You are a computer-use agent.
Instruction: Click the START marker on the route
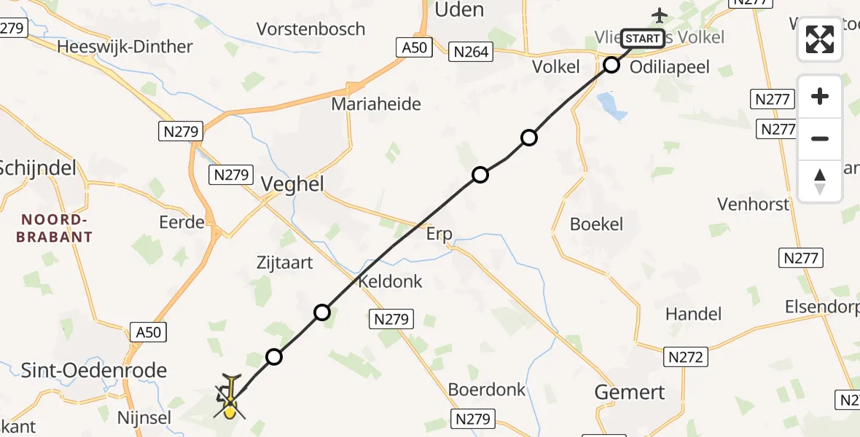tap(643, 38)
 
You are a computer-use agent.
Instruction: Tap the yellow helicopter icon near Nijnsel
tap(230, 398)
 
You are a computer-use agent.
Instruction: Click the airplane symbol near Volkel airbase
tap(660, 14)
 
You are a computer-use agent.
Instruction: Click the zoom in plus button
tap(820, 96)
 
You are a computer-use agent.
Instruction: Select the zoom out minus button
tap(820, 138)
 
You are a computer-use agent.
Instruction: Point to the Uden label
tap(459, 9)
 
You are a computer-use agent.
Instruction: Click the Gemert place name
tap(630, 392)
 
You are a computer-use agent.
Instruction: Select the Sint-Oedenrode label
tap(94, 370)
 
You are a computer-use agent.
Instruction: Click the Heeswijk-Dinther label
tap(125, 47)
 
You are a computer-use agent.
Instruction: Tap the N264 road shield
tap(471, 51)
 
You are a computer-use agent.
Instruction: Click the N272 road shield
tap(685, 356)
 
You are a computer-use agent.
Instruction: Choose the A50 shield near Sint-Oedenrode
tap(149, 332)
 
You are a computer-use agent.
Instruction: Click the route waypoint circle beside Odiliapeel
tap(611, 66)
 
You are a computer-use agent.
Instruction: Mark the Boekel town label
tap(596, 224)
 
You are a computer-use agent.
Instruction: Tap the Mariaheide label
tap(376, 103)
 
